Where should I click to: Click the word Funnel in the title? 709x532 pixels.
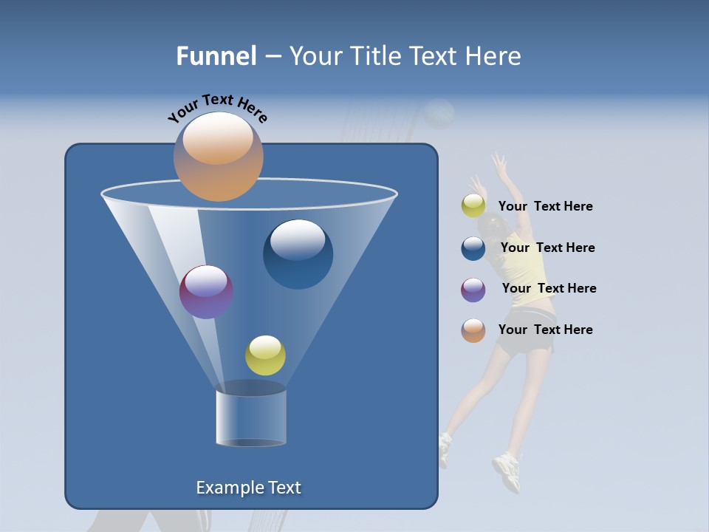point(216,56)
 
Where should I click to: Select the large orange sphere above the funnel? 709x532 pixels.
point(218,156)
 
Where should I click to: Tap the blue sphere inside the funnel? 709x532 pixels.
point(298,254)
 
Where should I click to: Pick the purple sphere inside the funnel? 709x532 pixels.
point(206,292)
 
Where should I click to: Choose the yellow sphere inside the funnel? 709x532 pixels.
point(265,355)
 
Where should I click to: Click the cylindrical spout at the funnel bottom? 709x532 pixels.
point(250,417)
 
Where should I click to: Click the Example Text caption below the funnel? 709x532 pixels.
point(248,488)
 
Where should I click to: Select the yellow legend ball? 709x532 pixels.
point(473,206)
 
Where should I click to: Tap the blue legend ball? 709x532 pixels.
point(473,248)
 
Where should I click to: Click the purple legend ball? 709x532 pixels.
point(473,290)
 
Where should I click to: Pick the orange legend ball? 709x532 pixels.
point(473,330)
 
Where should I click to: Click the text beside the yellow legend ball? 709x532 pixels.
point(545,207)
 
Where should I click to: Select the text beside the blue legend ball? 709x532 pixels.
point(547,248)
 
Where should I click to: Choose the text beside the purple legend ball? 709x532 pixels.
point(549,289)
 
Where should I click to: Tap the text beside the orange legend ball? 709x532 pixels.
point(545,330)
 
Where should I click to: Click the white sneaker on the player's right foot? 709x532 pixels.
point(507,469)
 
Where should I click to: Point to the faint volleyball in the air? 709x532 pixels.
point(440,113)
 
